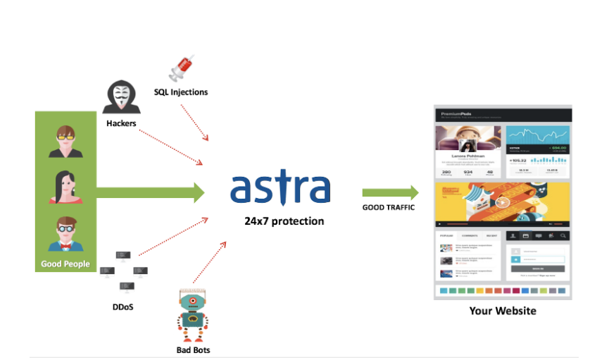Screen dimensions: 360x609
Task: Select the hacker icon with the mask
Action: point(120,97)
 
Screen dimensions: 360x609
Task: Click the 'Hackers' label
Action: point(121,123)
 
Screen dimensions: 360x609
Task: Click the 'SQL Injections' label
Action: point(181,92)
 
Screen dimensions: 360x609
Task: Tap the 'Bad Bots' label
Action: point(193,349)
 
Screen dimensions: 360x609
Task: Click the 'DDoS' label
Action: point(123,307)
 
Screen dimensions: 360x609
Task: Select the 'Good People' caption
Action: point(65,264)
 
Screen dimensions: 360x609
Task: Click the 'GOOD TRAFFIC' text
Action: point(388,208)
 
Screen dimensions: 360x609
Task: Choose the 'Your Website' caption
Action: point(503,311)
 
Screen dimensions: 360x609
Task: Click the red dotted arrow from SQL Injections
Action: point(194,123)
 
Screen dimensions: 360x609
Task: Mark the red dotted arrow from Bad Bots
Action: point(209,265)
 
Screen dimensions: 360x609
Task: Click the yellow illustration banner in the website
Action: point(503,202)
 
